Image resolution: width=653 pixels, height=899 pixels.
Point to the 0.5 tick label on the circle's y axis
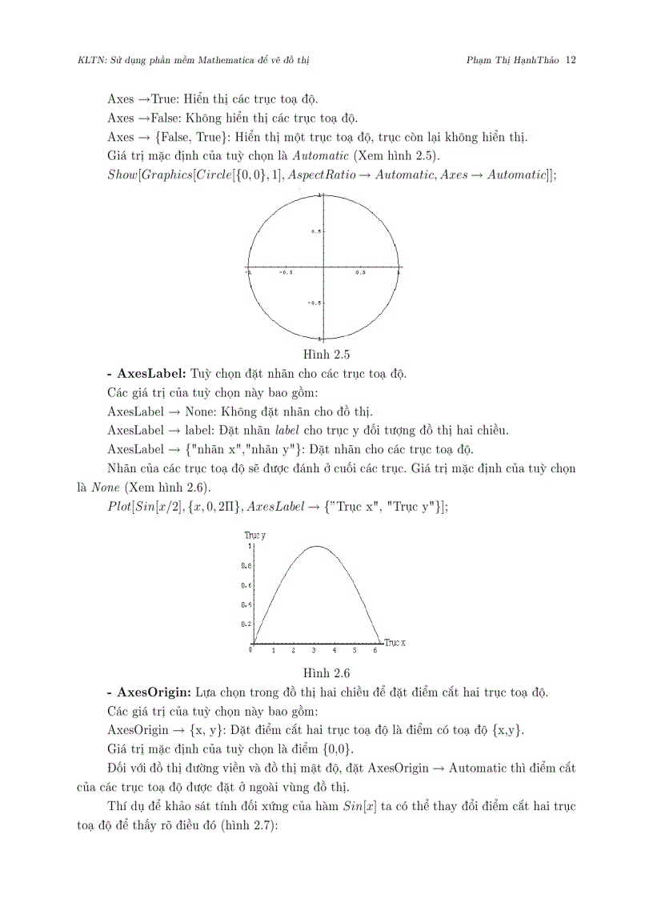[x=317, y=231]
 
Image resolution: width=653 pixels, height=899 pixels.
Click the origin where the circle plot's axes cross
[x=323, y=267]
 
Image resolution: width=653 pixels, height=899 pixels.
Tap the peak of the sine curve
[x=317, y=547]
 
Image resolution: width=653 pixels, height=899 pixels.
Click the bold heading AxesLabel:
[x=151, y=373]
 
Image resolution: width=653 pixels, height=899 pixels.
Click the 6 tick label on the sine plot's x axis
[x=375, y=651]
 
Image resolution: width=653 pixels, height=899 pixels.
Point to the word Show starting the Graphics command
[x=122, y=174]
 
